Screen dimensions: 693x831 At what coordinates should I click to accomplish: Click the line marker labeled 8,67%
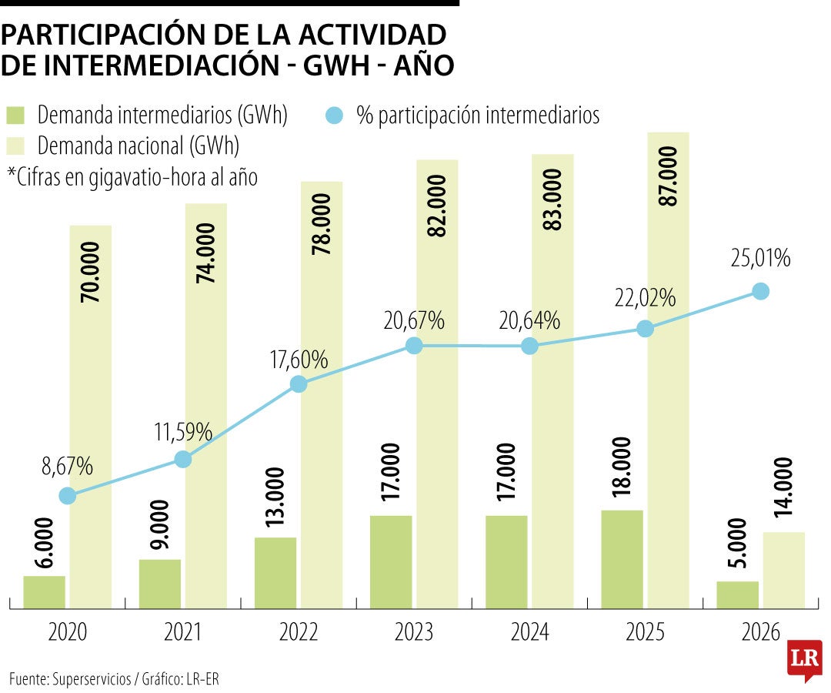click(68, 496)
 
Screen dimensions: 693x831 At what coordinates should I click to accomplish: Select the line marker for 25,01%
click(760, 290)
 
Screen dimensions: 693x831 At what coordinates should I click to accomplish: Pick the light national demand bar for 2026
click(783, 571)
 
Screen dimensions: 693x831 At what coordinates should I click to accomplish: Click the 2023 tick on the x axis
click(414, 632)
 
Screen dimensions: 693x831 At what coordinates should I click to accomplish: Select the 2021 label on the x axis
click(183, 632)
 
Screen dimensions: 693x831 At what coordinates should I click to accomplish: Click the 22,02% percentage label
click(645, 298)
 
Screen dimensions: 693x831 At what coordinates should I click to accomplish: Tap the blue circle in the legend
click(333, 116)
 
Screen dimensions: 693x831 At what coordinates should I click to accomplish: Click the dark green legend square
click(17, 116)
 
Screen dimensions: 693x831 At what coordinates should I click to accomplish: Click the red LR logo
click(804, 660)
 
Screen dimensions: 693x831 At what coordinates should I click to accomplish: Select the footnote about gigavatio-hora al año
click(132, 176)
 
